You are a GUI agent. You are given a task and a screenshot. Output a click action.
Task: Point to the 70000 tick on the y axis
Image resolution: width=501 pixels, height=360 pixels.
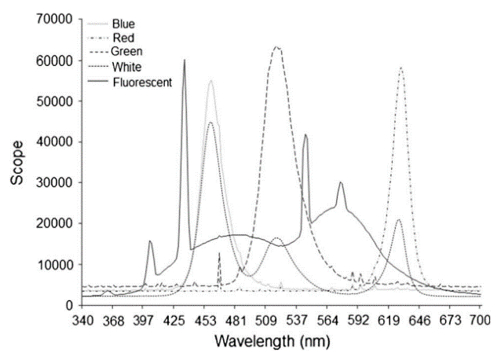coord(60,20)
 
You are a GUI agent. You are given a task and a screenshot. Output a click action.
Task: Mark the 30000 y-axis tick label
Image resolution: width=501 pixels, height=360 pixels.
coord(60,182)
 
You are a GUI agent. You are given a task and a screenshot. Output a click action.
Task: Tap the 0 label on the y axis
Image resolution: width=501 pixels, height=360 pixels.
coord(72,305)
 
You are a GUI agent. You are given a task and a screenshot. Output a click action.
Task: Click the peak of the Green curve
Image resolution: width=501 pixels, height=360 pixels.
coord(276,47)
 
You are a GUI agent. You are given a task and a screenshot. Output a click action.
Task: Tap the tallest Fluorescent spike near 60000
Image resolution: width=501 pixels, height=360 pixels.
coord(185,60)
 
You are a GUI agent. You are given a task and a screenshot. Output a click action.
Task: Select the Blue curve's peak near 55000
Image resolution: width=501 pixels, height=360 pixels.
coord(210,81)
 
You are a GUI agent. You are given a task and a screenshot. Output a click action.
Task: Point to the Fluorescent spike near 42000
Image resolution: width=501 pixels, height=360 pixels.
coord(305,135)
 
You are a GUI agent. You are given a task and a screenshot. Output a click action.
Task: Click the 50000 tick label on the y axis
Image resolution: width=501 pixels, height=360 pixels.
coord(60,101)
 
